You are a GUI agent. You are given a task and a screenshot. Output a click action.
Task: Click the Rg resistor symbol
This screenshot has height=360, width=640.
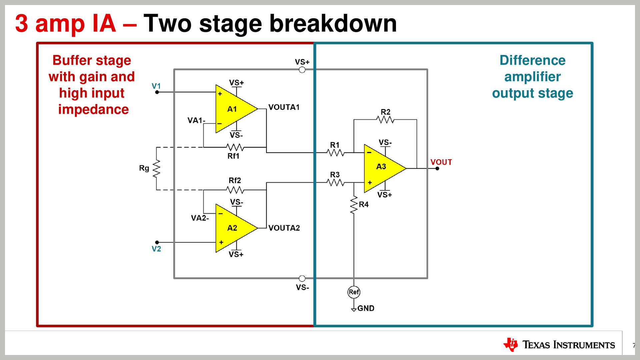click(x=156, y=169)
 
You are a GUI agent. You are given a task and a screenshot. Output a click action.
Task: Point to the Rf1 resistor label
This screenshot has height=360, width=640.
click(x=233, y=156)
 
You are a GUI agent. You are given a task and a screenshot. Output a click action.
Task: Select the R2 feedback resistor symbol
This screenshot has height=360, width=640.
click(x=385, y=120)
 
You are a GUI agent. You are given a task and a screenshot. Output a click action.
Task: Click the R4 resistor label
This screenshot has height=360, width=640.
click(x=364, y=204)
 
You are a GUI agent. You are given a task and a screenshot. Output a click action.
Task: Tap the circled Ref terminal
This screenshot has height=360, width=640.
click(x=354, y=292)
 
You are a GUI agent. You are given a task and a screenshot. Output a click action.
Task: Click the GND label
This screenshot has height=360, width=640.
click(x=366, y=308)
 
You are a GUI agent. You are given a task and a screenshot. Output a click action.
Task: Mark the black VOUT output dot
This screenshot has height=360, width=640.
click(x=437, y=169)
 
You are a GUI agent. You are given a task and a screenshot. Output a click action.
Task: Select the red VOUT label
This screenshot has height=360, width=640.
click(x=441, y=162)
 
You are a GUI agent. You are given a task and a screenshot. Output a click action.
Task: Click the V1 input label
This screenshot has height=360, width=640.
click(x=156, y=86)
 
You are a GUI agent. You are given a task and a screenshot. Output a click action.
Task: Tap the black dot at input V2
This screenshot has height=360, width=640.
click(x=157, y=242)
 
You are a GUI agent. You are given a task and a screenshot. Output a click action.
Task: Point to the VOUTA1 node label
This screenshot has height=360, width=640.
click(x=284, y=107)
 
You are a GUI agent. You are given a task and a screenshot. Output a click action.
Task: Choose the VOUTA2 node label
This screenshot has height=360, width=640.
click(x=284, y=228)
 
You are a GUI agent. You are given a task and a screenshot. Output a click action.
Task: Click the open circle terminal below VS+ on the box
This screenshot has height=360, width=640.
click(x=302, y=70)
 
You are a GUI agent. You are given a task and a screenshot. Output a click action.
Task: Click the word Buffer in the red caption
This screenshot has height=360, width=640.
click(x=72, y=60)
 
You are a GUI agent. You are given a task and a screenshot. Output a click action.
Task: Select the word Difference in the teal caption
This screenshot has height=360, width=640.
click(x=532, y=60)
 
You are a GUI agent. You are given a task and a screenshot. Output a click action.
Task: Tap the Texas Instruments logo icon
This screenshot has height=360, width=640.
click(x=511, y=345)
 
